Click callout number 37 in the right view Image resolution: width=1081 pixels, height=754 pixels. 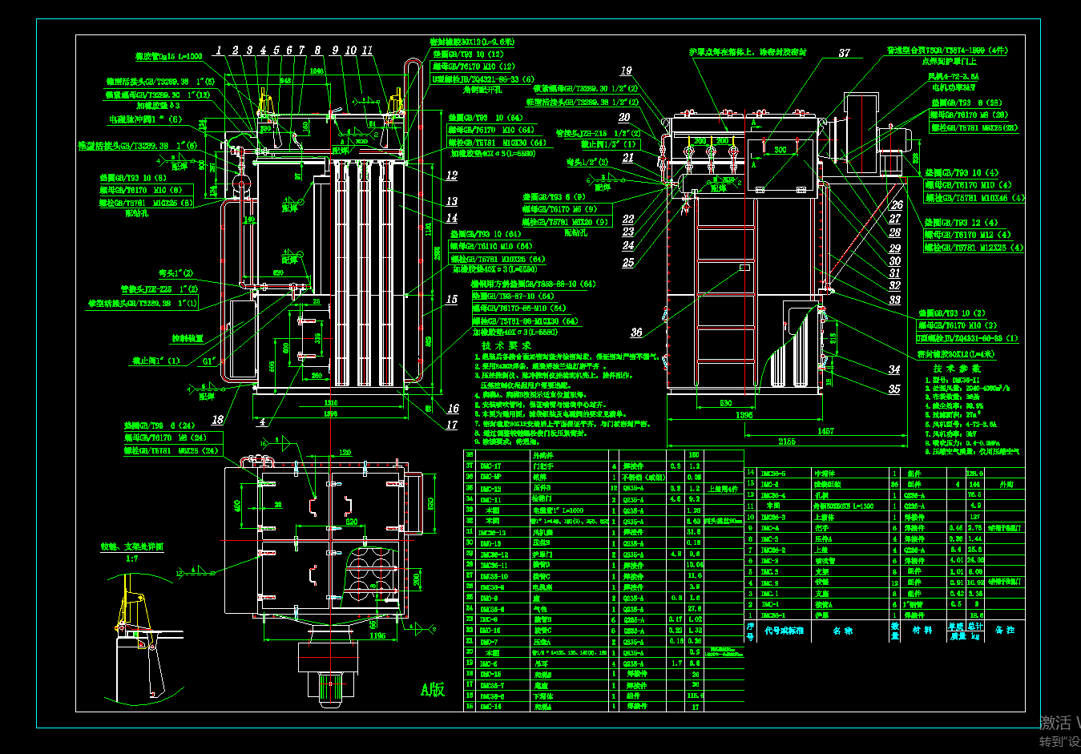844,53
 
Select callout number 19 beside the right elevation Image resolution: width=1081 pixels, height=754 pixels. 626,71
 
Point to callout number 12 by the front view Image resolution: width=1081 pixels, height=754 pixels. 452,175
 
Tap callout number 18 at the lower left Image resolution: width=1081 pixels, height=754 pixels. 217,419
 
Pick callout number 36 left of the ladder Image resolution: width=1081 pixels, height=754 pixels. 636,333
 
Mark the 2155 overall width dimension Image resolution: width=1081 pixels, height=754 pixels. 786,442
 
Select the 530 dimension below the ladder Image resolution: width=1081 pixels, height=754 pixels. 725,404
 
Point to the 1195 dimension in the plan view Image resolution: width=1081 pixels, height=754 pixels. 377,635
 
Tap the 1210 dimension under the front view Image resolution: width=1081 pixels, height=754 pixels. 330,403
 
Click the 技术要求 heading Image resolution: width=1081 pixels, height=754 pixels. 506,345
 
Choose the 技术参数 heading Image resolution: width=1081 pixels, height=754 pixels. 956,369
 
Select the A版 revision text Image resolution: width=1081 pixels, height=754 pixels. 433,689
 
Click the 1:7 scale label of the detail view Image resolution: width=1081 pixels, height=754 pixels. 131,558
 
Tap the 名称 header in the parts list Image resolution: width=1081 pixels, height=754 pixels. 842,631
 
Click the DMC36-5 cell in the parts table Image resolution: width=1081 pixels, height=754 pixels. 773,474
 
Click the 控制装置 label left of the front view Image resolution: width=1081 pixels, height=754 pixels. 188,339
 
